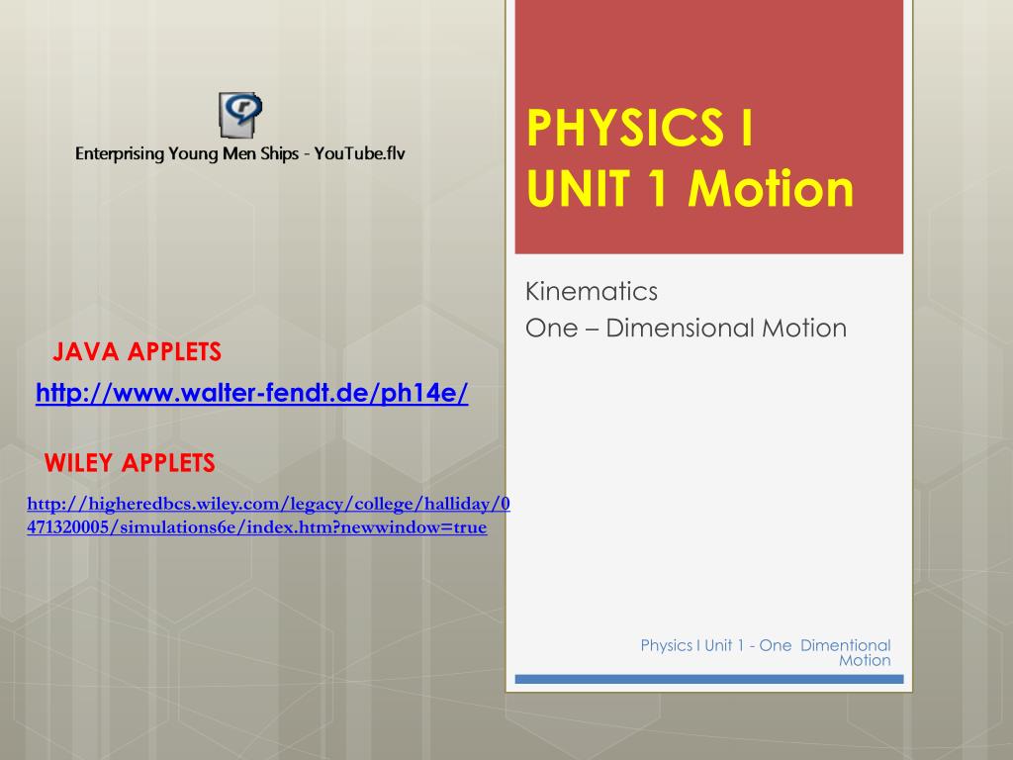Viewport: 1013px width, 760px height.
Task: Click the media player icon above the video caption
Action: click(x=239, y=115)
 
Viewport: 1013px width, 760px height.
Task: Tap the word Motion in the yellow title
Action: click(x=772, y=188)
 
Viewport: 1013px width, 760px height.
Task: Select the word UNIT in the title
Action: click(x=567, y=188)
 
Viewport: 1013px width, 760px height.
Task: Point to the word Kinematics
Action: click(x=592, y=292)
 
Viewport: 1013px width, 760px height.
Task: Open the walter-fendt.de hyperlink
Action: click(x=252, y=394)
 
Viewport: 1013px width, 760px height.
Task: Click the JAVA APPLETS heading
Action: click(x=137, y=351)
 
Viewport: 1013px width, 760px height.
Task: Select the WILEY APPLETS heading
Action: click(x=130, y=462)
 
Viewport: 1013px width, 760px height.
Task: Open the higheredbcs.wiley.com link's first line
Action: click(x=268, y=505)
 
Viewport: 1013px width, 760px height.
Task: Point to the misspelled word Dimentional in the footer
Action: click(x=845, y=645)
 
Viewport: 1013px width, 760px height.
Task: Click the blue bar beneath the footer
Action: click(x=709, y=680)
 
